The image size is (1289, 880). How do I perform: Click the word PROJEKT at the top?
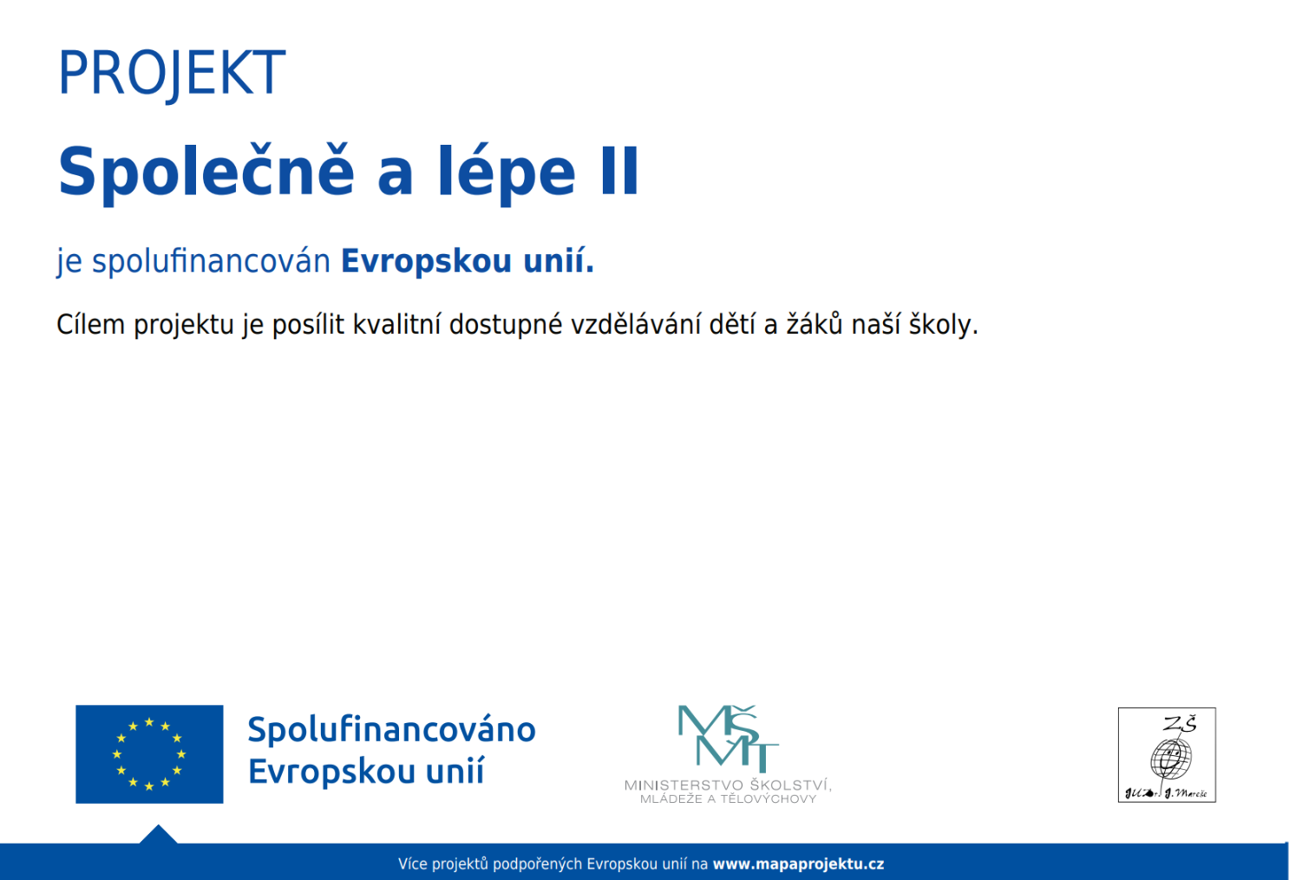pos(171,74)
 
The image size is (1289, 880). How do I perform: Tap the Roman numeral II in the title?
pos(619,172)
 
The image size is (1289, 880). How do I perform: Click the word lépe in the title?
pos(506,172)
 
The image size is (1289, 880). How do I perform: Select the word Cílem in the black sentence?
pos(90,325)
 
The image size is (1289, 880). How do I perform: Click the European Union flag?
pos(149,754)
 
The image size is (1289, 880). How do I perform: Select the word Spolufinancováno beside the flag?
pos(391,730)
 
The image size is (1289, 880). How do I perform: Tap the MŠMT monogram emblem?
pos(727,738)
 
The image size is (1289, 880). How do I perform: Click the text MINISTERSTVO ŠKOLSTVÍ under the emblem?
pos(728,785)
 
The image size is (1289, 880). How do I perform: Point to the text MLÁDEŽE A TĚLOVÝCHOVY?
pos(728,799)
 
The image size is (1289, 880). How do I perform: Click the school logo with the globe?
pos(1167,755)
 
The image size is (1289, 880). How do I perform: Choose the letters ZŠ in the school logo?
pos(1180,724)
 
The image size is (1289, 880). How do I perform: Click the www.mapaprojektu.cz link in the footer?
pos(798,864)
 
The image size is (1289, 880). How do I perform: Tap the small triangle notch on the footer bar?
pos(158,835)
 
